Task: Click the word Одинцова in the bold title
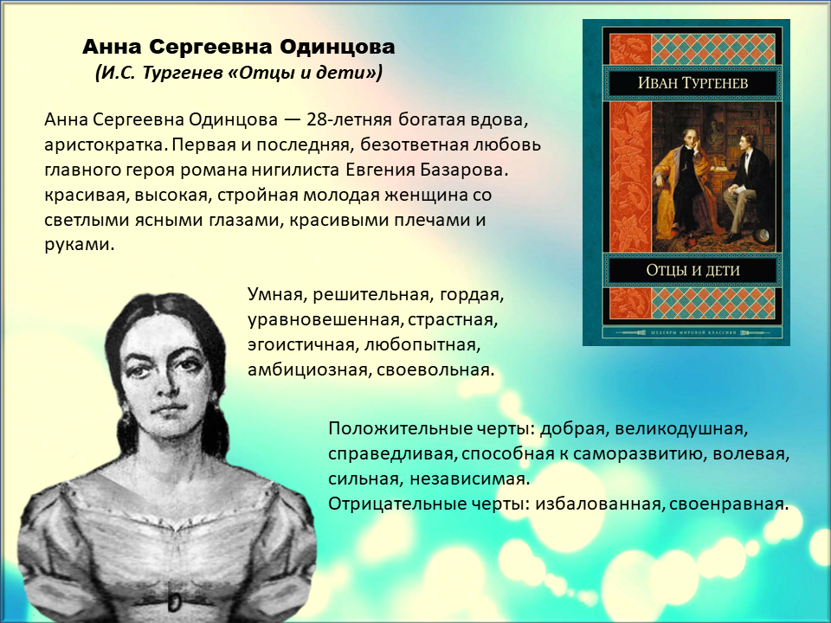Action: pos(337,47)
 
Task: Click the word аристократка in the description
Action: pos(106,145)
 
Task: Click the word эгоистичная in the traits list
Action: pos(300,345)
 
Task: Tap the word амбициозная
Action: pos(307,369)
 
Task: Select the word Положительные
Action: pos(398,428)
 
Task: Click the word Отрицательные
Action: pos(397,504)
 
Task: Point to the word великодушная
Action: pos(680,429)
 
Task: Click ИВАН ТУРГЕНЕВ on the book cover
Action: pos(692,83)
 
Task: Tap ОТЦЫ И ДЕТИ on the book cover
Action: pos(692,271)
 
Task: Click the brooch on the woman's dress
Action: pos(174,601)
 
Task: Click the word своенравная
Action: pos(728,504)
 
